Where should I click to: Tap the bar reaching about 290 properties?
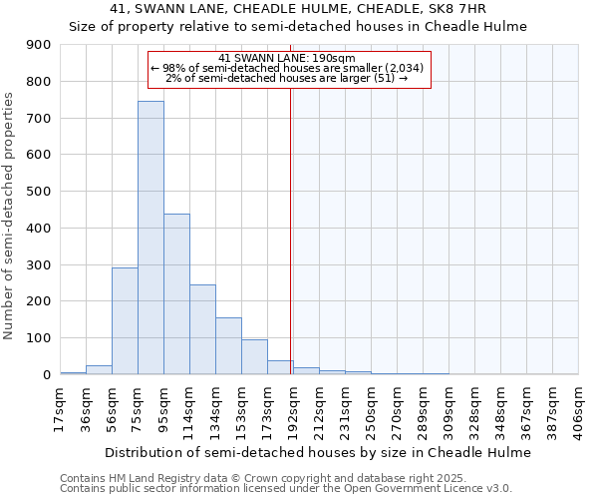(125, 320)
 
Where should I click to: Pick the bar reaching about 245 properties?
(202, 329)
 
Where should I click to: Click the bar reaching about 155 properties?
(228, 345)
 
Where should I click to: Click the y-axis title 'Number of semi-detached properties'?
(10, 216)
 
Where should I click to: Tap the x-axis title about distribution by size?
(318, 452)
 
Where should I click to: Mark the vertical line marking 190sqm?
(290, 230)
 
